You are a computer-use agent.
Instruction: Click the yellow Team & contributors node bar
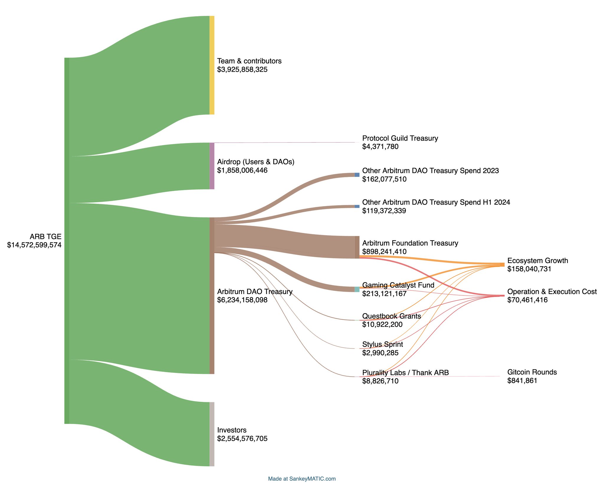(x=212, y=65)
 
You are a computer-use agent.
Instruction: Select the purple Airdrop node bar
(x=212, y=166)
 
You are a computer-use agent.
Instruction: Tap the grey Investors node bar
(x=212, y=434)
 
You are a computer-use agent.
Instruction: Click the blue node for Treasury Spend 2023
(x=357, y=175)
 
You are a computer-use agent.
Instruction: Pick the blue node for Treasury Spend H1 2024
(x=357, y=206)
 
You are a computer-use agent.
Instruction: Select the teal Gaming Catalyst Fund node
(x=357, y=289)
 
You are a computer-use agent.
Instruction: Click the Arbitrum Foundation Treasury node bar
(x=357, y=247)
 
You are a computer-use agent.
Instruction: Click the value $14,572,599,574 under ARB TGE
(x=34, y=245)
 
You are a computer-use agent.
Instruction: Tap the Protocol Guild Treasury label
(x=400, y=138)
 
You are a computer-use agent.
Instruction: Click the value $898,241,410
(x=384, y=252)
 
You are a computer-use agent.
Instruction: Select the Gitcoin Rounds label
(x=532, y=372)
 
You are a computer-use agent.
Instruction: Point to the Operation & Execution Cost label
(x=552, y=292)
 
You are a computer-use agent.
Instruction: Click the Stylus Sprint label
(x=383, y=344)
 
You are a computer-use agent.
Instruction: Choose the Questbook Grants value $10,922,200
(x=382, y=324)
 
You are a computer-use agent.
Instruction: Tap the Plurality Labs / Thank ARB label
(x=406, y=373)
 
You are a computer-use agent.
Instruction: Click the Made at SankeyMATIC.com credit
(x=302, y=479)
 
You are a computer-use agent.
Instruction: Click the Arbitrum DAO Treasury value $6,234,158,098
(x=242, y=300)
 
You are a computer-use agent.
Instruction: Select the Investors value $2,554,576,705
(x=242, y=438)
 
